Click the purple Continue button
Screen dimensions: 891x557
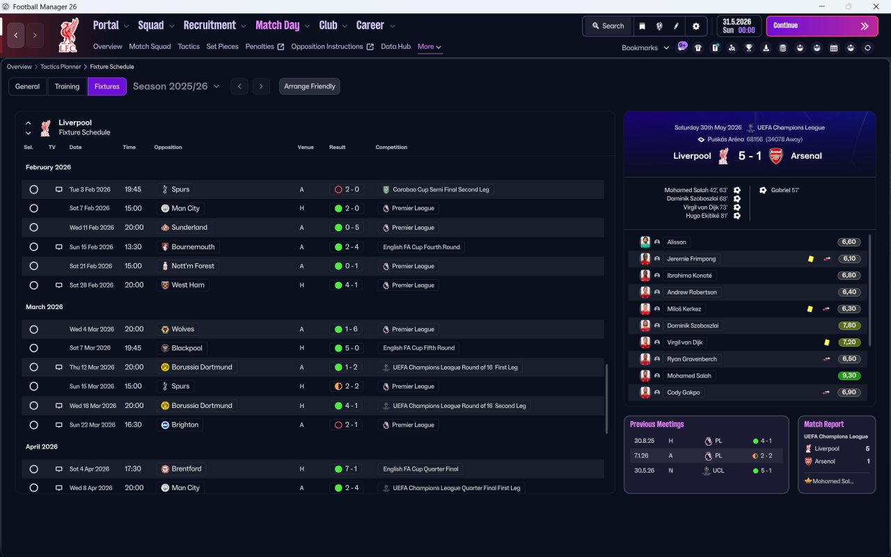822,26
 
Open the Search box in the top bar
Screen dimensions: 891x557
608,26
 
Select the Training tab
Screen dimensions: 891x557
67,86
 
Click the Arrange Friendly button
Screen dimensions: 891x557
310,86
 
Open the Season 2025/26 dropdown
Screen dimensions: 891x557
176,86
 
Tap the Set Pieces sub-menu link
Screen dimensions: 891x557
222,47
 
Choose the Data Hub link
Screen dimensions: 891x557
395,47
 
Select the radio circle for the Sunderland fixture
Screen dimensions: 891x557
34,227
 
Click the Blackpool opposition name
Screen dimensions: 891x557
187,348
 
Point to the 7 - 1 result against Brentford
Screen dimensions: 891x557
351,469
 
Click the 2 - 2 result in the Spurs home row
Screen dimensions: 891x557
352,386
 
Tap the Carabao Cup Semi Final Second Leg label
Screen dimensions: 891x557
441,189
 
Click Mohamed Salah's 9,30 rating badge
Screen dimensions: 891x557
849,375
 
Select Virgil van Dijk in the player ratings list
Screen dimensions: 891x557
684,342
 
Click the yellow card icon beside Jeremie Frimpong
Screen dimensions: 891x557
811,258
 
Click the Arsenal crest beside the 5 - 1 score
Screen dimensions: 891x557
775,156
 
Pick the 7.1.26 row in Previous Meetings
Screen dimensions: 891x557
706,455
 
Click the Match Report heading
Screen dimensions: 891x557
823,424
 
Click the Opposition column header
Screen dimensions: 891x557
168,147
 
